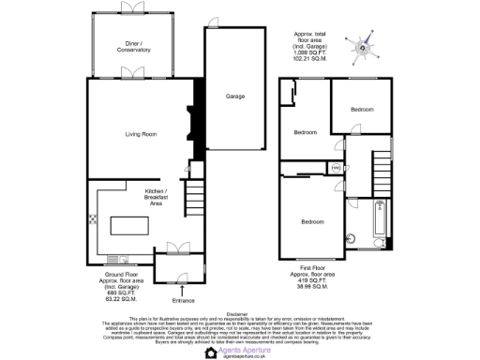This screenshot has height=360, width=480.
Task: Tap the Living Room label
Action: (142, 134)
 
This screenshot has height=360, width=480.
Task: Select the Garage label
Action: (234, 97)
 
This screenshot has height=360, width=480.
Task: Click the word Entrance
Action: (183, 300)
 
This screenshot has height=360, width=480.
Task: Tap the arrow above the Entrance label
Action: (183, 290)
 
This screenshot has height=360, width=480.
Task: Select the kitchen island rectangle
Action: (131, 226)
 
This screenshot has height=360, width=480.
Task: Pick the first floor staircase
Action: (380, 172)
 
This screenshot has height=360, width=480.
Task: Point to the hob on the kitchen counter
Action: (93, 221)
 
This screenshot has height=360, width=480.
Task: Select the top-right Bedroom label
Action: (363, 110)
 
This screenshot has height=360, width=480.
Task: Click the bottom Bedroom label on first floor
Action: (312, 221)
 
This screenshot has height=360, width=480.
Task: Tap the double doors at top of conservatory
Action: (134, 10)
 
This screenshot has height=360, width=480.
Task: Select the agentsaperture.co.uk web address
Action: (239, 354)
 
